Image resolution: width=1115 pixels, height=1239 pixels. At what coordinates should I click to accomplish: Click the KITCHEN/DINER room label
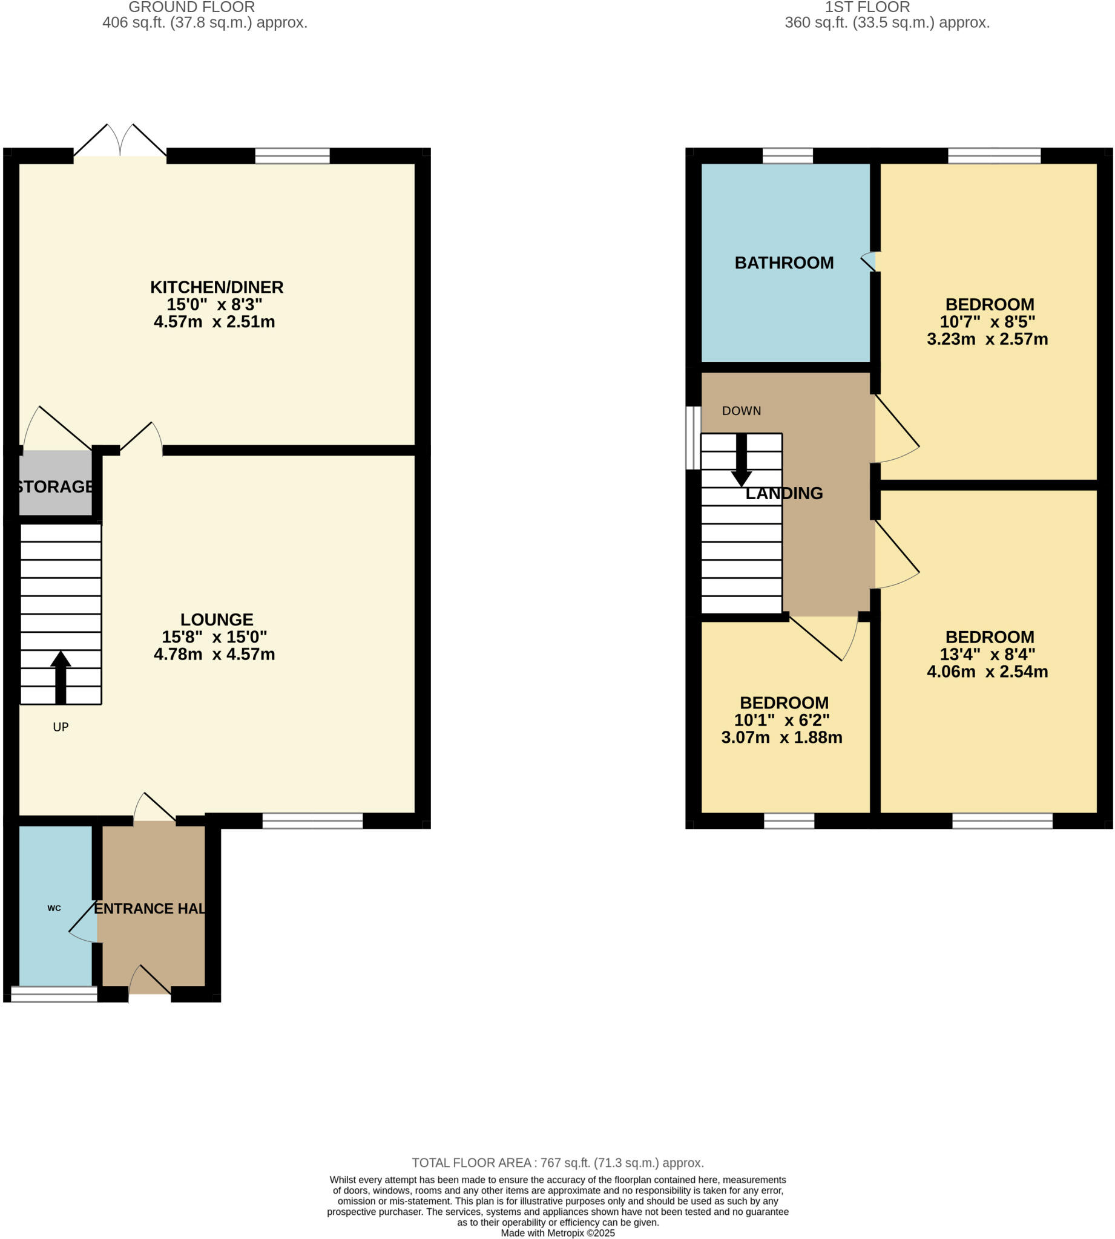(x=217, y=287)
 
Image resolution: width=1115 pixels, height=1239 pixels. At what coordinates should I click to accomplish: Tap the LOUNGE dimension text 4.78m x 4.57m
(x=214, y=654)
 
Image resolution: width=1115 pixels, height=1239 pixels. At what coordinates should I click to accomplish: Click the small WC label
(x=54, y=909)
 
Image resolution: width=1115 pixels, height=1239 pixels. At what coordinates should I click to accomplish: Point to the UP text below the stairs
(x=61, y=727)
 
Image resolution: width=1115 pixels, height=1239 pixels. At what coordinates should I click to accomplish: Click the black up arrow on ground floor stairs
(x=61, y=676)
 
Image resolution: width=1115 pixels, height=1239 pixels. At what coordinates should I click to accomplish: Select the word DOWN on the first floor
(x=742, y=411)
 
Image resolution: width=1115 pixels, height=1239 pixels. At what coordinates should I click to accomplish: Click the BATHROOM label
(x=784, y=263)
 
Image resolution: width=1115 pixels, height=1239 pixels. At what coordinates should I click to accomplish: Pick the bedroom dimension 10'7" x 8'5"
(x=987, y=322)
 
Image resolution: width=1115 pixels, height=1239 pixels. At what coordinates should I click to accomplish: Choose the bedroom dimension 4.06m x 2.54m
(x=987, y=672)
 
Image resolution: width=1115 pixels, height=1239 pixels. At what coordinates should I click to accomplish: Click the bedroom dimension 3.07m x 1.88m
(x=781, y=737)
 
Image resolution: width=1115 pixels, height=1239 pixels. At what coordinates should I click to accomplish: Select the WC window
(x=54, y=995)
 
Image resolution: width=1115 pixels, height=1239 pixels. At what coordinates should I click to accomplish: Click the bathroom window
(x=788, y=155)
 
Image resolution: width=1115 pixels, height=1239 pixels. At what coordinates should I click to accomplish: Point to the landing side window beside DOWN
(x=693, y=437)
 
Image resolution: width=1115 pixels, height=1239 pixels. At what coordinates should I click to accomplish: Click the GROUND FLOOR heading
(x=191, y=7)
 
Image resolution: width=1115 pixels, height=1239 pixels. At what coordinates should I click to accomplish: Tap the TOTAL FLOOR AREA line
(x=557, y=1163)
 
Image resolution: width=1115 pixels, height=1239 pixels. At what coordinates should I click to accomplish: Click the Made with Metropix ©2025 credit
(x=557, y=1233)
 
